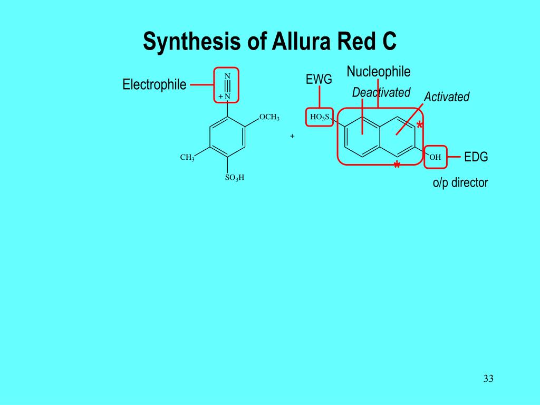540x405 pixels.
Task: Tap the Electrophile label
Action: [x=155, y=84]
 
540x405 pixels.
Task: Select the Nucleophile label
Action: [x=379, y=72]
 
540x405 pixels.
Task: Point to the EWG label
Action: [x=319, y=80]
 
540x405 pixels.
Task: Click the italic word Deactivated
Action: [x=381, y=93]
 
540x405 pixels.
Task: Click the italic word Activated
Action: [x=447, y=97]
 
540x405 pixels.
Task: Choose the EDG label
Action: [x=476, y=157]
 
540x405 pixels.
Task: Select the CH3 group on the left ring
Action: [x=187, y=158]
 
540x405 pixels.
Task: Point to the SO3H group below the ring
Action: [x=234, y=178]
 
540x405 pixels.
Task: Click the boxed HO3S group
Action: [x=320, y=117]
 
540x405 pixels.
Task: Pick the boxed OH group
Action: [x=435, y=157]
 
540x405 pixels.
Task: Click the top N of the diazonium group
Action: [x=227, y=76]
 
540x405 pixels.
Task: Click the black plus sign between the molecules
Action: [x=292, y=136]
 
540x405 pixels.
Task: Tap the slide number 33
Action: [x=488, y=379]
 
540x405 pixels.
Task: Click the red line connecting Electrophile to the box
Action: [x=201, y=84]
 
